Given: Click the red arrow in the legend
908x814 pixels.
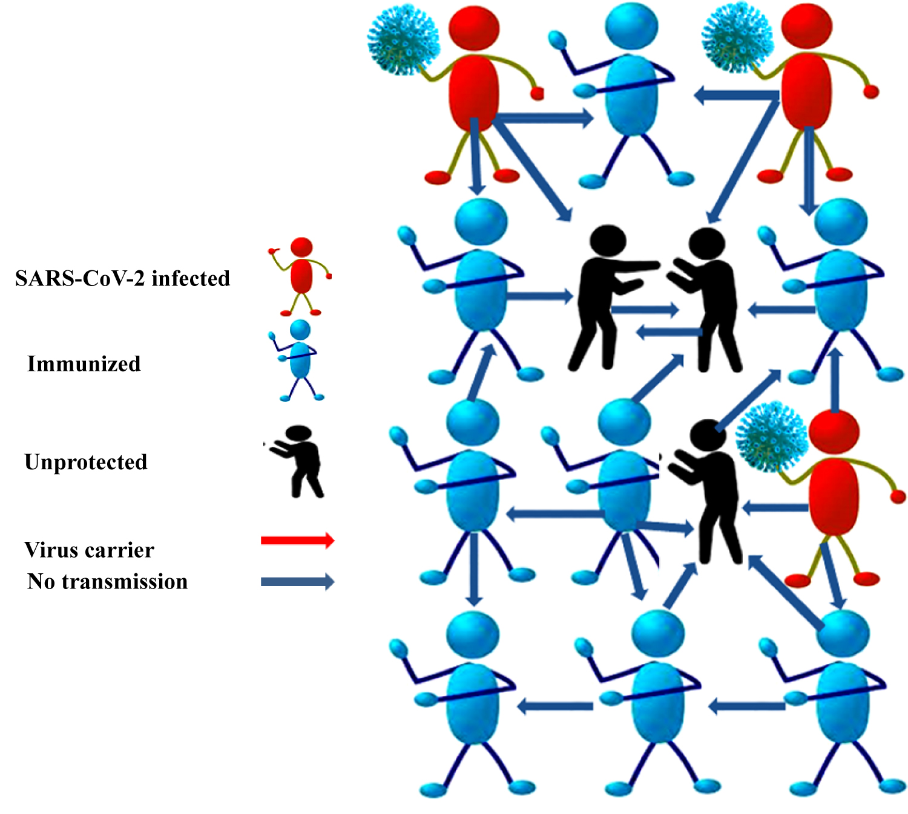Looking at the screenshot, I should (x=297, y=540).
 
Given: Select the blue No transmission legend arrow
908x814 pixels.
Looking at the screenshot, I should (x=297, y=582).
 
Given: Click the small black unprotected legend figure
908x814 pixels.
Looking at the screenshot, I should (x=300, y=460).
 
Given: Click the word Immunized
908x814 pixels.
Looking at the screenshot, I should (x=84, y=364).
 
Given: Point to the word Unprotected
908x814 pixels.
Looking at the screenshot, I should (x=86, y=462).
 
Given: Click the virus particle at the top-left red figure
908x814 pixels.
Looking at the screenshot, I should (x=403, y=40).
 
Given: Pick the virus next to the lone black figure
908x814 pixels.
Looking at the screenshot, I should (x=772, y=437).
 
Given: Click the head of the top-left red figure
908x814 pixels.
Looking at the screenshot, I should (x=474, y=28).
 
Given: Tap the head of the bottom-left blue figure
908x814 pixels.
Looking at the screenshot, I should (x=473, y=634).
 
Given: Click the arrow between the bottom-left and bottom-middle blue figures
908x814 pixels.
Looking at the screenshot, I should (x=556, y=706).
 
